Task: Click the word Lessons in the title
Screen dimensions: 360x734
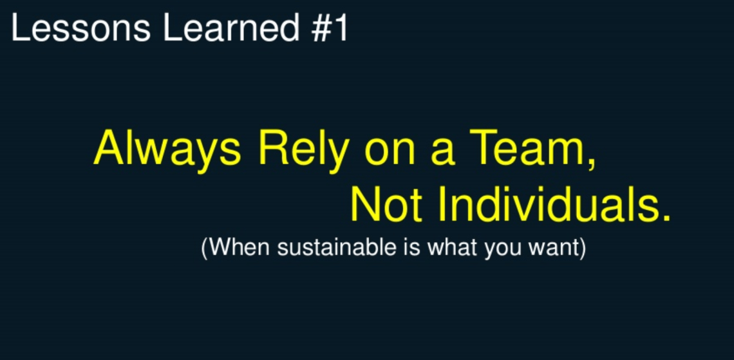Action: tap(80, 28)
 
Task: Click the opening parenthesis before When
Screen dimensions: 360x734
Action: tap(205, 248)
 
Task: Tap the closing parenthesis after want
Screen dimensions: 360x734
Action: tap(583, 248)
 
